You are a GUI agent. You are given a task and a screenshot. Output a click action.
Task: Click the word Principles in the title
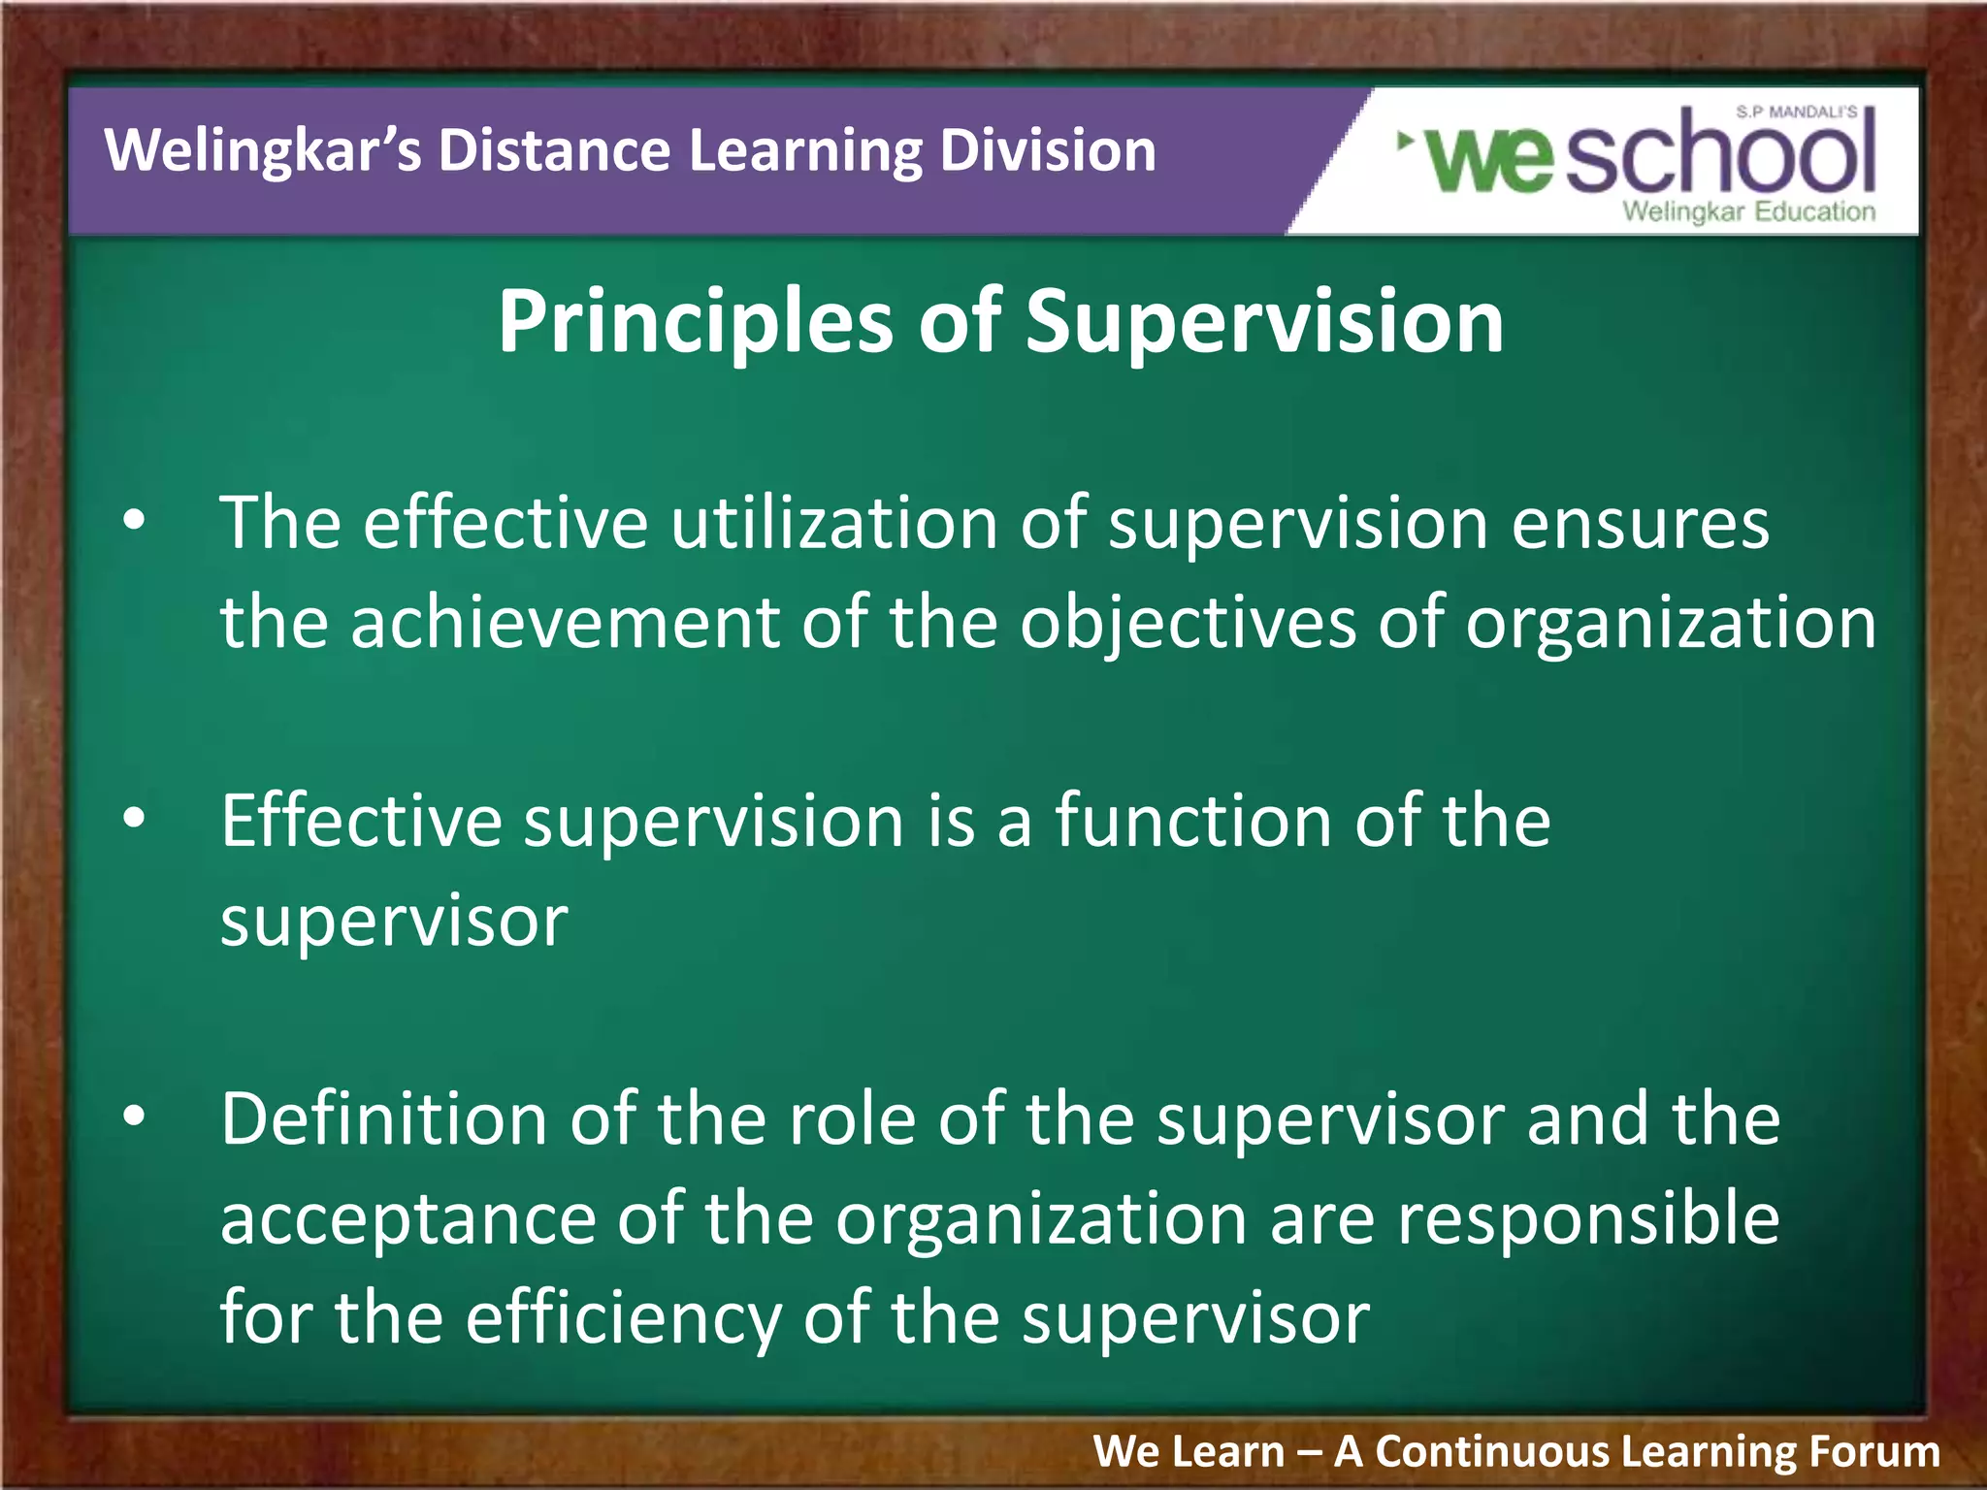695,323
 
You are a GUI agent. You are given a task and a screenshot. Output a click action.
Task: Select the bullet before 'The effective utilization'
134,521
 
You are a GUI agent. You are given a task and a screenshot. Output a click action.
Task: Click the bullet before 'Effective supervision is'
134,819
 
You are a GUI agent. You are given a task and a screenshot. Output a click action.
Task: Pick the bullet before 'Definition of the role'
134,1117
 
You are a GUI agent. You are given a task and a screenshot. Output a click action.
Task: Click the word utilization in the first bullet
833,524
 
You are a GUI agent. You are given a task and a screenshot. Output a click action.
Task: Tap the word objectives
1188,625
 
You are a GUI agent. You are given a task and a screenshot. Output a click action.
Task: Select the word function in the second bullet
1192,821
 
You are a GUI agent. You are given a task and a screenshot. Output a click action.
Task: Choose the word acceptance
407,1220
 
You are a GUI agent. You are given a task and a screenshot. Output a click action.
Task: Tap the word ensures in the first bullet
1640,524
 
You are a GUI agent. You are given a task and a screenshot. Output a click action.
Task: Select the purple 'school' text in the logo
1718,155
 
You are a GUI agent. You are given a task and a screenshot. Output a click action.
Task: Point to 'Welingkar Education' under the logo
1748,211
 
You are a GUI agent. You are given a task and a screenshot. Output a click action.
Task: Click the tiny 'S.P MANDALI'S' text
1796,113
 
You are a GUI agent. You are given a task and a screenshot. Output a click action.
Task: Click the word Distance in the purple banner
554,151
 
